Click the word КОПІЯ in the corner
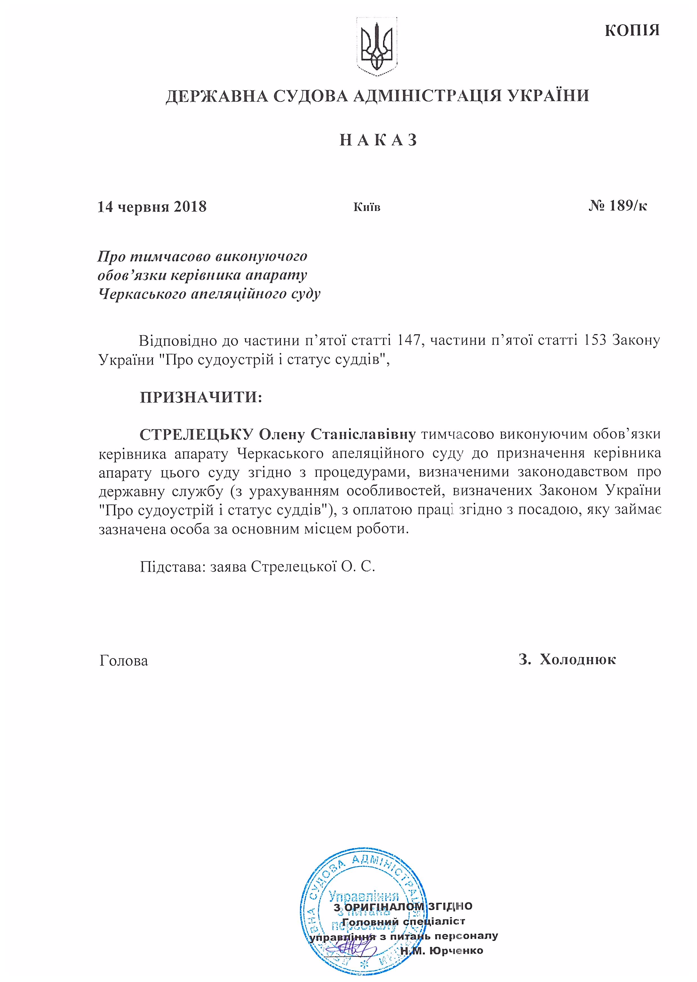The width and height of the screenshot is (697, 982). tap(632, 30)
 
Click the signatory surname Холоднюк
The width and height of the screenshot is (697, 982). tap(577, 659)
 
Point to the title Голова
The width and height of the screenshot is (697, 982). tap(123, 661)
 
